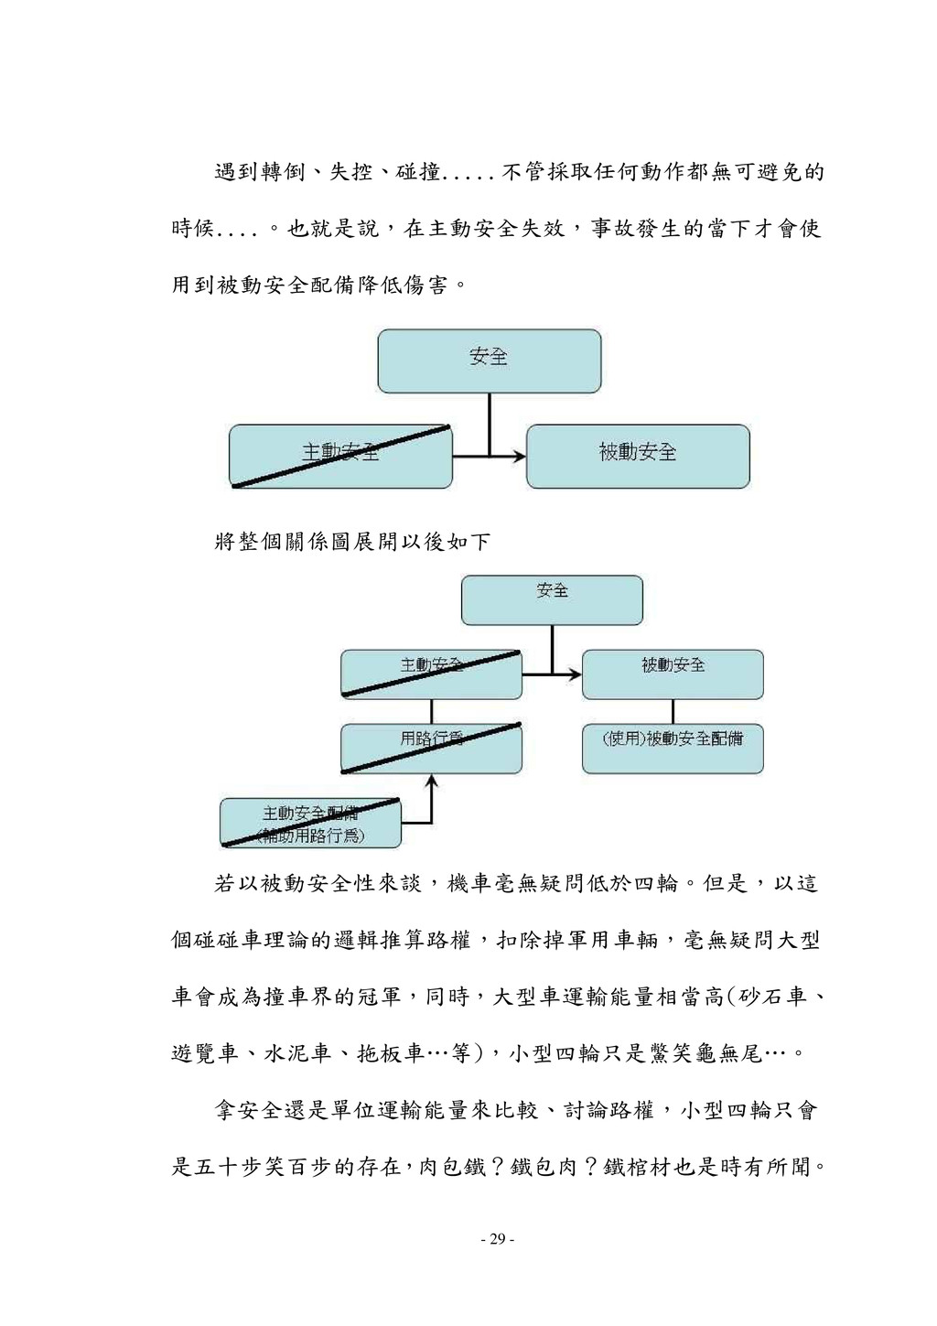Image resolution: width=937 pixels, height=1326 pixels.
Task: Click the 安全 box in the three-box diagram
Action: pyautogui.click(x=489, y=361)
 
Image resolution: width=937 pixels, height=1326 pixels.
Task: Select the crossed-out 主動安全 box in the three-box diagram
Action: pyautogui.click(x=340, y=456)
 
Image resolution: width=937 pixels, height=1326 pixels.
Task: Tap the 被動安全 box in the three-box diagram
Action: pyautogui.click(x=638, y=456)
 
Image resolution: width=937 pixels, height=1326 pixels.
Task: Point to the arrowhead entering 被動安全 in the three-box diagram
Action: pyautogui.click(x=520, y=456)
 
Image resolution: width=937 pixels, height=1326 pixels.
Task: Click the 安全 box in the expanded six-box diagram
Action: pyautogui.click(x=552, y=599)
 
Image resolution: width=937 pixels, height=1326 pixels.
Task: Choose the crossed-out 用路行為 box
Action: pyautogui.click(x=431, y=749)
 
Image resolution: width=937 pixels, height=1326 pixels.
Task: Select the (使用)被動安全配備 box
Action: pyautogui.click(x=673, y=749)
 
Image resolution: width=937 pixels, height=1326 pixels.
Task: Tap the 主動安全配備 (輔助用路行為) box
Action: pyautogui.click(x=310, y=823)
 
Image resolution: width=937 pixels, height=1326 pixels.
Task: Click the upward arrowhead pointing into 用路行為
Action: pyautogui.click(x=432, y=782)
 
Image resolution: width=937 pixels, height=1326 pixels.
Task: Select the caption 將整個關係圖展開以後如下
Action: pyautogui.click(x=352, y=542)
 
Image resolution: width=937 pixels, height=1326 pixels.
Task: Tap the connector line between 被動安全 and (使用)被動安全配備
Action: pyautogui.click(x=673, y=712)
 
